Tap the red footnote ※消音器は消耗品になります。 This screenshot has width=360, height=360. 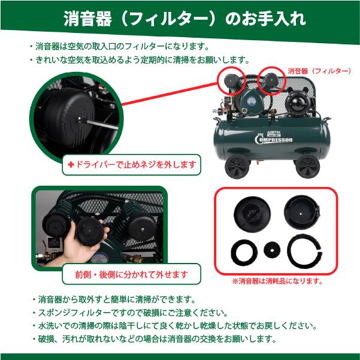[x=277, y=280]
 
